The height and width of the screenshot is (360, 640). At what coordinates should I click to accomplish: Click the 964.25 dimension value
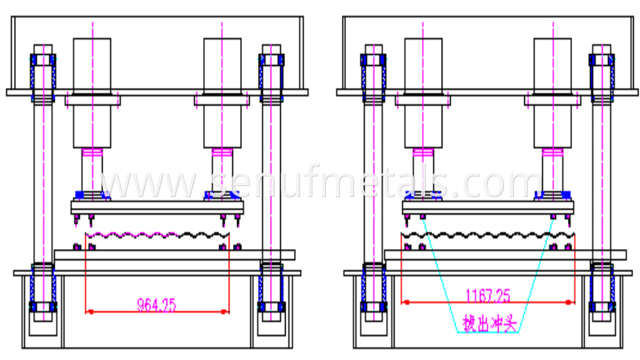[157, 303]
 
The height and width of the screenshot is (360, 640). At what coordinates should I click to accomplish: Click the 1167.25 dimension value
[487, 296]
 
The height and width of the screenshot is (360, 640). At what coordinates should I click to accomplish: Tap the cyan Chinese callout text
[490, 323]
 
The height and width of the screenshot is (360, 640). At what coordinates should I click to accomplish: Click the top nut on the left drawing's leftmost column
[43, 60]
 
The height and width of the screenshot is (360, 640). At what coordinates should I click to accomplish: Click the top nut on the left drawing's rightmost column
[270, 60]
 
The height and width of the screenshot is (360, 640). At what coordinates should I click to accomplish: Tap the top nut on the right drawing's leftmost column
[373, 60]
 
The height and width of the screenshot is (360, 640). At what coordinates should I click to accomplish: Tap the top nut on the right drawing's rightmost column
[601, 60]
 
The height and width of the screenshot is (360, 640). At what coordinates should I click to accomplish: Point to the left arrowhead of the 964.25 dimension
[88, 311]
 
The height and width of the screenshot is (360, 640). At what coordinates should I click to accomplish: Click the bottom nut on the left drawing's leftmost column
[43, 306]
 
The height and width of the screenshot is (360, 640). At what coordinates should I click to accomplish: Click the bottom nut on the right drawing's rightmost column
[601, 306]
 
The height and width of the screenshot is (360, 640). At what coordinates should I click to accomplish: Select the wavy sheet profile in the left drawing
[156, 235]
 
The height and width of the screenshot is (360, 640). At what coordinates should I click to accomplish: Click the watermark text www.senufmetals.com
[320, 184]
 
